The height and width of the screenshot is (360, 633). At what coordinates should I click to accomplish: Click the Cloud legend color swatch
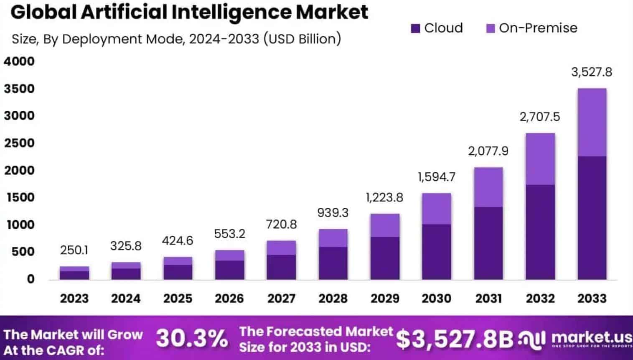click(x=415, y=28)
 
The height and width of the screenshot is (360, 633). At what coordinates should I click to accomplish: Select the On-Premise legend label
click(x=538, y=28)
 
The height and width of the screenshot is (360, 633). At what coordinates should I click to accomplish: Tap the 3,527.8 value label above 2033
click(x=591, y=72)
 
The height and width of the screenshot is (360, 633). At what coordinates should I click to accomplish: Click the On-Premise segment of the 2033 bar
click(x=592, y=122)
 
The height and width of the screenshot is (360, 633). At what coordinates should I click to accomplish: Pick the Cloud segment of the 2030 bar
click(x=436, y=252)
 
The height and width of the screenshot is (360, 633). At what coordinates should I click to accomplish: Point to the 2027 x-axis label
click(x=281, y=299)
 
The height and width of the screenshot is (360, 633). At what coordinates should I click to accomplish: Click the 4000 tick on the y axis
click(x=19, y=61)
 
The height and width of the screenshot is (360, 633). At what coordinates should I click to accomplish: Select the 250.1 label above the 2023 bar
click(x=74, y=250)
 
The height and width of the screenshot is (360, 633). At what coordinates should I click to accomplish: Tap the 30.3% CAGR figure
click(x=192, y=338)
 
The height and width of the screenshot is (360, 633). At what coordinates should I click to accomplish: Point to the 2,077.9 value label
click(x=488, y=151)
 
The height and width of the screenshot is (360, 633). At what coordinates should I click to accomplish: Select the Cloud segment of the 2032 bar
click(x=540, y=232)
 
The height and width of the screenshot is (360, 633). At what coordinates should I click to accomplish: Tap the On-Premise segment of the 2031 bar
click(x=488, y=187)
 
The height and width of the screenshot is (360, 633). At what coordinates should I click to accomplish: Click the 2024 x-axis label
click(x=126, y=299)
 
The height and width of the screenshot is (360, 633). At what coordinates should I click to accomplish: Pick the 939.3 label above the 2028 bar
click(x=333, y=212)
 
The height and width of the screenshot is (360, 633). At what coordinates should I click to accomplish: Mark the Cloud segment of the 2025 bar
click(x=178, y=272)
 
